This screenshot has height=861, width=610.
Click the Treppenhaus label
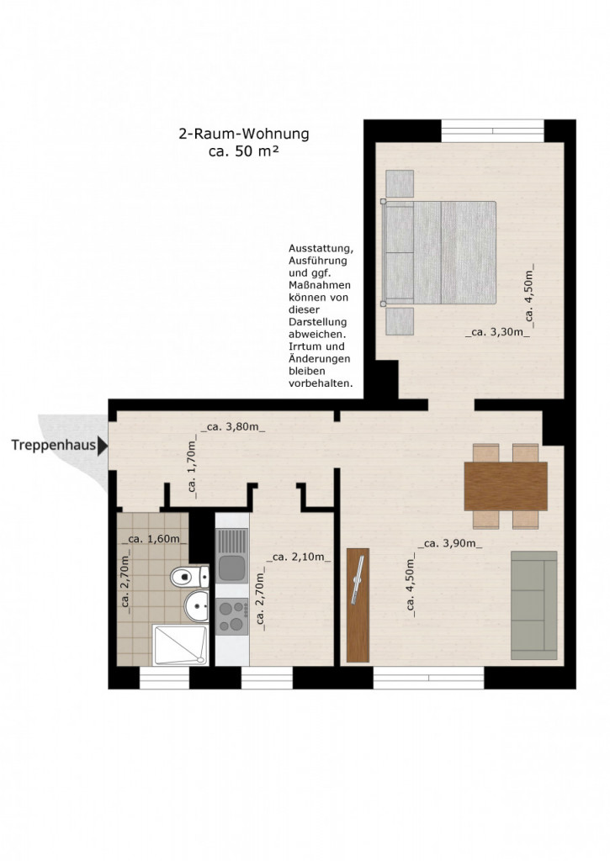coord(54,445)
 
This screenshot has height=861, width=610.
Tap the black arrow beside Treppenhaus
coord(103,446)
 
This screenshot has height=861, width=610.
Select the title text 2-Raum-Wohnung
coord(243,134)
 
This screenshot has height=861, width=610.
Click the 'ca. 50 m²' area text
coord(243,151)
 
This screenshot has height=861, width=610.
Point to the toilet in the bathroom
coord(189,577)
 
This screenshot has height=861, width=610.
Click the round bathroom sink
coord(196,606)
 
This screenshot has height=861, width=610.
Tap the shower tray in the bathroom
coord(180,645)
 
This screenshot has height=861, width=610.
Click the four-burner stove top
coord(231,616)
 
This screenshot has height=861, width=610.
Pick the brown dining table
coord(506,487)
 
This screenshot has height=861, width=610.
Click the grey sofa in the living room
coord(534,605)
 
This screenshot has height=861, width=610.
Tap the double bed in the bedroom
coord(440,252)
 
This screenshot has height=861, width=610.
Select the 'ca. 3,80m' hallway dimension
coord(232,426)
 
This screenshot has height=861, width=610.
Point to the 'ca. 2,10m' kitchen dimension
coord(299,557)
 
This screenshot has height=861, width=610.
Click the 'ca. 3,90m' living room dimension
coord(450,544)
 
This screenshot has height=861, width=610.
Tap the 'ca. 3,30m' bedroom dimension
coord(497,331)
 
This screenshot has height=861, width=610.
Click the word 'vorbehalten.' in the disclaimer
coord(321,383)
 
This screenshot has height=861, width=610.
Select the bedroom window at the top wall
coord(493,130)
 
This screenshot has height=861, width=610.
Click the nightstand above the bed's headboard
coord(400,184)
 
